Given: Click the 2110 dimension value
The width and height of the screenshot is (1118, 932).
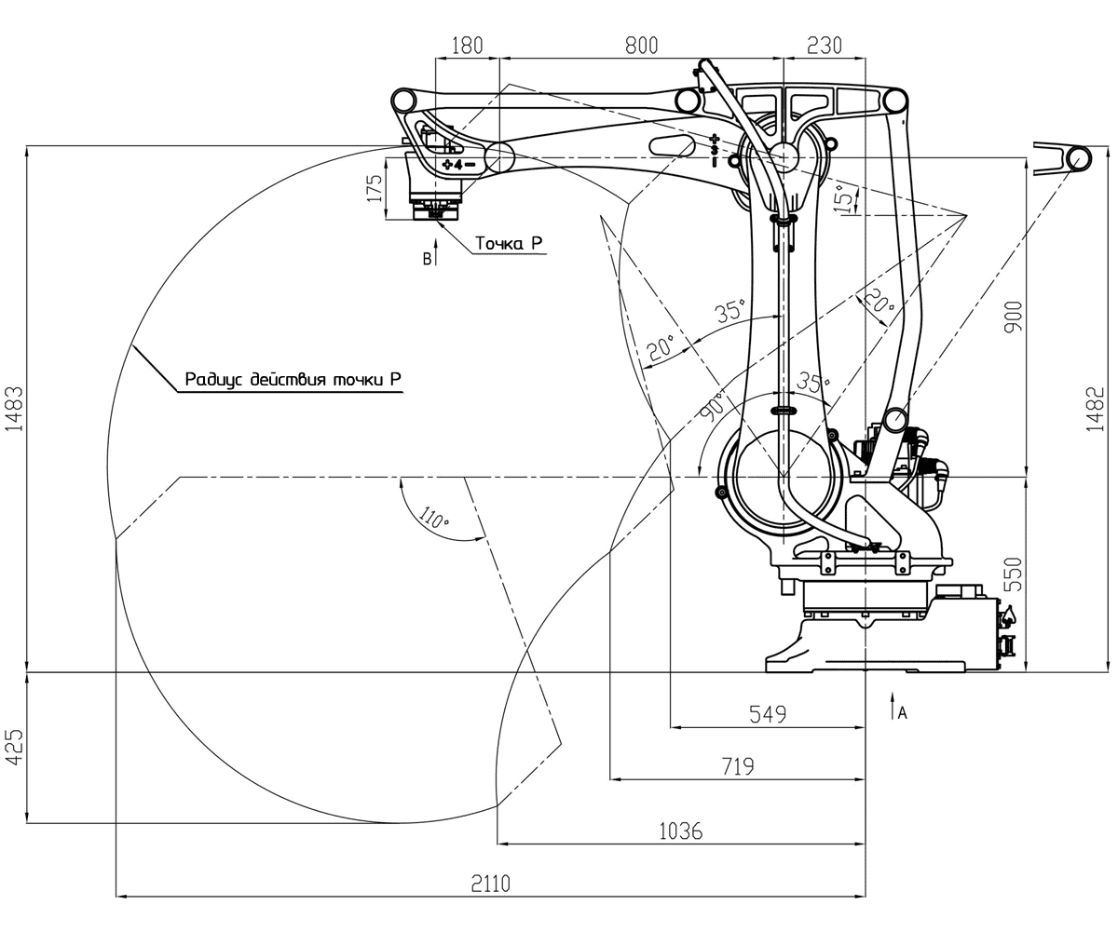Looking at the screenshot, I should (490, 883).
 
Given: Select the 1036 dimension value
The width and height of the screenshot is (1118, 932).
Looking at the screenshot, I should (680, 831).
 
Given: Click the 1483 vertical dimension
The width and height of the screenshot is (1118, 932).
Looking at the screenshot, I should (12, 408).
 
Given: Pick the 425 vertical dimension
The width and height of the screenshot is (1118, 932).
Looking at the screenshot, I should (12, 747).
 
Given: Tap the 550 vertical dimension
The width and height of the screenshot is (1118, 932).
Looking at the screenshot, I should (1014, 574).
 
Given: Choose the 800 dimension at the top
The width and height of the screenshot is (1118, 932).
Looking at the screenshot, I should (641, 45).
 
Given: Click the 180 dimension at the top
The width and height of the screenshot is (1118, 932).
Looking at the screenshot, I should (467, 45).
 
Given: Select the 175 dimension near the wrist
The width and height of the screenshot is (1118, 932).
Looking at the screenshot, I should (375, 187).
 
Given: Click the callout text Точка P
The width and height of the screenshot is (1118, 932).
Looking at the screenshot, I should (509, 243).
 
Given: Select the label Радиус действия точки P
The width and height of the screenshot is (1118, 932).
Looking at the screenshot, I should (293, 379).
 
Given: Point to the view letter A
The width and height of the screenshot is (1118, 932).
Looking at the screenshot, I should (901, 713).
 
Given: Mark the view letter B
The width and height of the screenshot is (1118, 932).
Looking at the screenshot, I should (427, 259).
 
